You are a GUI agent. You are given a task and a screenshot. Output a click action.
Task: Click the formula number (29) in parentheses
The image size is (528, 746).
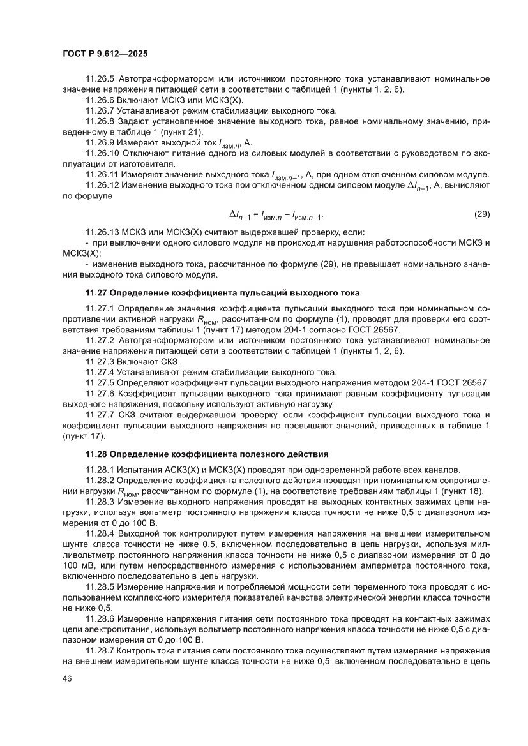tap(482, 214)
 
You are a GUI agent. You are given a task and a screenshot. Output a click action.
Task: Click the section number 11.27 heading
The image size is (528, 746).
tap(96, 293)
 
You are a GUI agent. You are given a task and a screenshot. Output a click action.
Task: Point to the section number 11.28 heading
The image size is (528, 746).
tap(96, 454)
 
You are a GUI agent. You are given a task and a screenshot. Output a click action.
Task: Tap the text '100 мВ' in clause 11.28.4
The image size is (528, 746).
tap(77, 560)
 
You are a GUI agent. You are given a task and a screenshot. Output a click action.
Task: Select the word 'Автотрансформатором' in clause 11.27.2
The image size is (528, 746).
tap(167, 341)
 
